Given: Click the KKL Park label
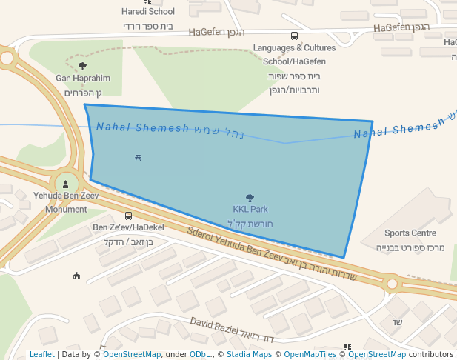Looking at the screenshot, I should tap(250, 210).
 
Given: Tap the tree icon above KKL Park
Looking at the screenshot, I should tap(250, 198).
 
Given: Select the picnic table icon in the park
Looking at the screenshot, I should tap(139, 157).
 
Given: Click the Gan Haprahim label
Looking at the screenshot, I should tap(83, 78).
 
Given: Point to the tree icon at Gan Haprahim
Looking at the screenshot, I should tap(82, 66).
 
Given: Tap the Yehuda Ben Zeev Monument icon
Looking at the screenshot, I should tap(67, 184).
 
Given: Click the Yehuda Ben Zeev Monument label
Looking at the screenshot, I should tap(61, 202).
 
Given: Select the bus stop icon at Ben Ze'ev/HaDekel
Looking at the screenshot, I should tap(129, 216).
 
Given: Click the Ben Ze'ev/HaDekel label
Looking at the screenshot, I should tap(128, 227).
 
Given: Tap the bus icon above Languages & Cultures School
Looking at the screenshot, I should tap(295, 36).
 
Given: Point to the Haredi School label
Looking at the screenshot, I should tap(148, 11).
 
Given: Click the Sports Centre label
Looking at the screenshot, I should tap(410, 233).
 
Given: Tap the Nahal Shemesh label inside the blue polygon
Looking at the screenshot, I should tap(142, 127).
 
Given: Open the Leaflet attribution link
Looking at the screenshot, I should tap(42, 354).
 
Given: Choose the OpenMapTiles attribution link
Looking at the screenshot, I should tap(304, 354).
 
